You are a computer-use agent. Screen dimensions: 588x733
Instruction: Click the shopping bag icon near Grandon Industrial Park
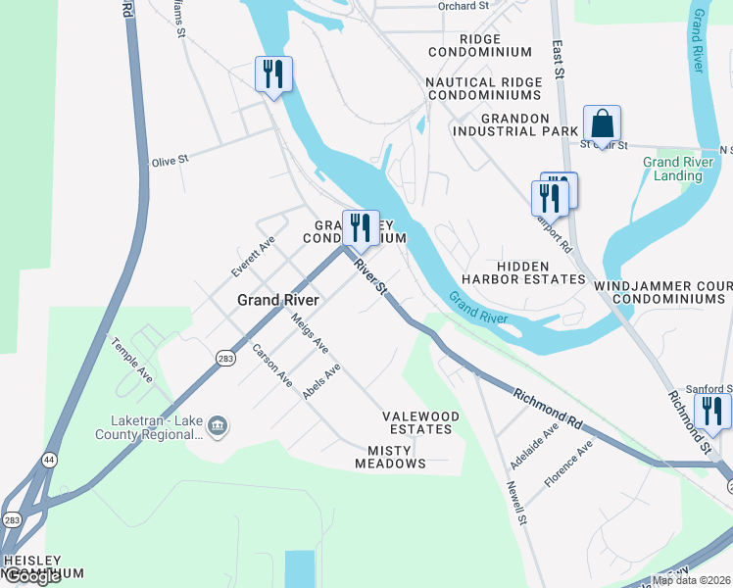[602, 124]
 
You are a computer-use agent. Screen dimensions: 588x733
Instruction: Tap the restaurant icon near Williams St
[273, 74]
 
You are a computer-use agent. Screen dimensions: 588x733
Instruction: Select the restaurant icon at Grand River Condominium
[361, 227]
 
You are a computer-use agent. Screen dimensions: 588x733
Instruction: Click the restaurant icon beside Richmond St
[712, 411]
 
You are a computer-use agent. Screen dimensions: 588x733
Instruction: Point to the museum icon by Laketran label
[218, 425]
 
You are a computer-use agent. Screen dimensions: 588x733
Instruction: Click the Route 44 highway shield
[48, 459]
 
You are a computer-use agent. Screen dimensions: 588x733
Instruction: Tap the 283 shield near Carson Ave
[226, 358]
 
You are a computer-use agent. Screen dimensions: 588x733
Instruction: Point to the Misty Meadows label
[396, 457]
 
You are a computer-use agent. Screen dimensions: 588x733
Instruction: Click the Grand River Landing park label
[672, 169]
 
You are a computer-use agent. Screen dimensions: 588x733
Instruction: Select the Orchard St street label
[464, 6]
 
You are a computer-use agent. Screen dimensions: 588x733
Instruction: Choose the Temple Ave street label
[132, 361]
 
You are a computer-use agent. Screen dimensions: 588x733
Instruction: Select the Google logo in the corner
[33, 577]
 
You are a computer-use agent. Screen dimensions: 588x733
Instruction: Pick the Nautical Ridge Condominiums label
[483, 88]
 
